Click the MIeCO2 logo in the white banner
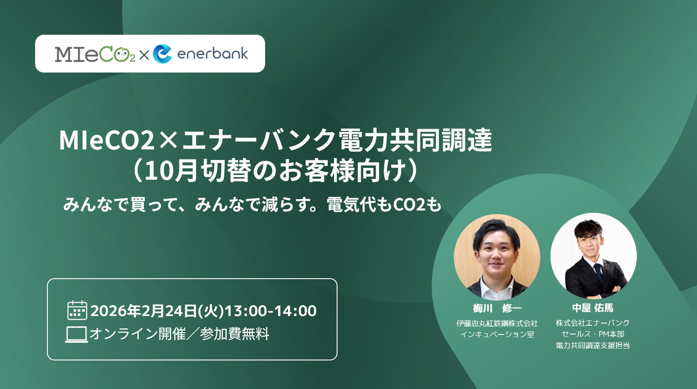pyautogui.click(x=95, y=54)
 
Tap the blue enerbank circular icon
pyautogui.click(x=162, y=54)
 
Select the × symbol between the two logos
pyautogui.click(x=144, y=55)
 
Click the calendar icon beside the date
pyautogui.click(x=77, y=310)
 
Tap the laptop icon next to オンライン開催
pyautogui.click(x=76, y=334)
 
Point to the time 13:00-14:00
pyautogui.click(x=270, y=311)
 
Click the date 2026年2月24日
pyautogui.click(x=144, y=311)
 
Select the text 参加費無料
pyautogui.click(x=234, y=334)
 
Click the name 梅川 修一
pyautogui.click(x=497, y=308)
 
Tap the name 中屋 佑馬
pyautogui.click(x=593, y=308)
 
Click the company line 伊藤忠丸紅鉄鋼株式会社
pyautogui.click(x=497, y=323)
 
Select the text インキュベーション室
pyautogui.click(x=497, y=334)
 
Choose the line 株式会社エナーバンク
pyautogui.click(x=593, y=323)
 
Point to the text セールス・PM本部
pyautogui.click(x=593, y=334)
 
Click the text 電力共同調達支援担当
pyautogui.click(x=593, y=345)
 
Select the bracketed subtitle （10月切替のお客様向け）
pyautogui.click(x=275, y=171)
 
